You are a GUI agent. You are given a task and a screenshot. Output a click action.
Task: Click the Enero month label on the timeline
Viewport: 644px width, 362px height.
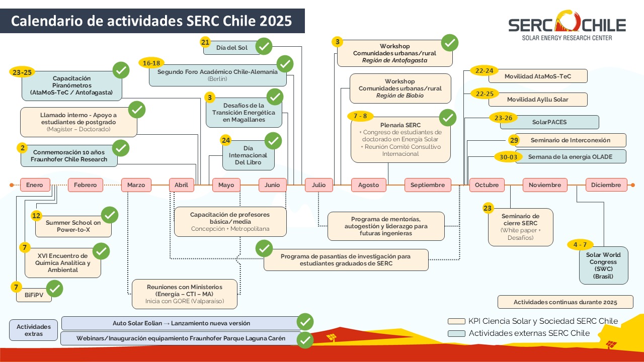[35, 185]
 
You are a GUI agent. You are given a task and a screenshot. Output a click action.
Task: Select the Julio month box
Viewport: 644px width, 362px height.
[318, 185]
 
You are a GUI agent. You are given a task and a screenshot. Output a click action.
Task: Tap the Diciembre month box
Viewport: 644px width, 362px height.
[606, 185]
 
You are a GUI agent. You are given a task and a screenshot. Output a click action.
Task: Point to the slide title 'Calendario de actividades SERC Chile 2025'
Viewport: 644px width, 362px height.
[152, 21]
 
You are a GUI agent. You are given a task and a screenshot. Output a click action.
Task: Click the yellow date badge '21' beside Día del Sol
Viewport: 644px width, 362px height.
[205, 42]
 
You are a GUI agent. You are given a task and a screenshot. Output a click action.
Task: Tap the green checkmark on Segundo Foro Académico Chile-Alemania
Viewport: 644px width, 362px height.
[285, 64]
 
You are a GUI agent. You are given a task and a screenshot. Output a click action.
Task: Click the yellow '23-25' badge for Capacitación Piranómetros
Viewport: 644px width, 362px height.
[22, 72]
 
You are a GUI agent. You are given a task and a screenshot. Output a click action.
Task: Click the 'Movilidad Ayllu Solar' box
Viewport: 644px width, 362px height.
[537, 100]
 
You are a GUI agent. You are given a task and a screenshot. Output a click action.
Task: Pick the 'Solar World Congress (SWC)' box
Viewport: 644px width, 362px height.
[603, 265]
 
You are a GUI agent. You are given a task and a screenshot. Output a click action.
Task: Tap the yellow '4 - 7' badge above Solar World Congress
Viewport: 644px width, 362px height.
[580, 245]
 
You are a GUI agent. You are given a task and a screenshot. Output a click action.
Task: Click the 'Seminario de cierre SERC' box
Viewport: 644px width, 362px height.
[520, 227]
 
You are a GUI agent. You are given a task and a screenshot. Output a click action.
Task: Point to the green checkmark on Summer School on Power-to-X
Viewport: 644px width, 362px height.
[110, 215]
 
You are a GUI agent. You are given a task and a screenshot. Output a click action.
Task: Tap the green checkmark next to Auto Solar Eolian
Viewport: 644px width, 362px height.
[305, 321]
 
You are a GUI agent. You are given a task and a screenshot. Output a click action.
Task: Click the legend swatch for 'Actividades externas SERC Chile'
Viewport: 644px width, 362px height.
[456, 333]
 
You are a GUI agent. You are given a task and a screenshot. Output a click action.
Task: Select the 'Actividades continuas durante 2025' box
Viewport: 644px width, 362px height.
[566, 302]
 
